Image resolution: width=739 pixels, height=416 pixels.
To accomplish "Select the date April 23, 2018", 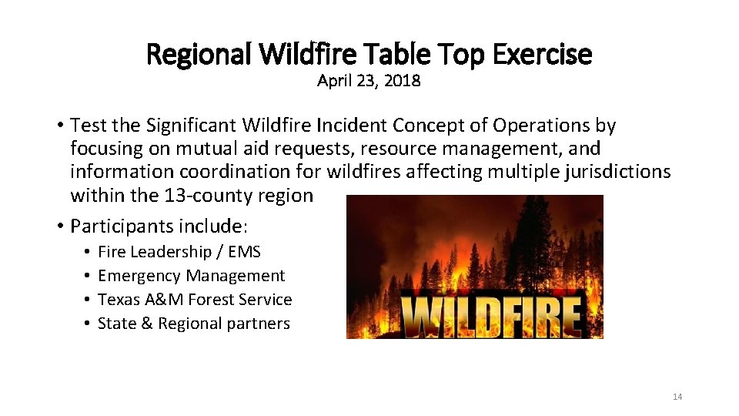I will point(369,81).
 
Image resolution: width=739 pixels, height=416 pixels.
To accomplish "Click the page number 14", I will point(677,397).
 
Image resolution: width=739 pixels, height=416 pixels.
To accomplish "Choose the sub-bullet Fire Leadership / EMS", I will point(179,252).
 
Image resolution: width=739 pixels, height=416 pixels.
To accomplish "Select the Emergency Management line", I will point(192,276).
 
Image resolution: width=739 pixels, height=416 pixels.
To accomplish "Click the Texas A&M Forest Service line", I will point(195,300).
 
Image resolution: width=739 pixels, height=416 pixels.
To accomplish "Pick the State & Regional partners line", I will point(194,324).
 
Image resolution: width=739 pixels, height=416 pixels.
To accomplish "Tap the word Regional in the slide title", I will point(199,55).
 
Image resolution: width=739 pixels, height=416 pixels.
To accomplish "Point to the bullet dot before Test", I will point(59,126).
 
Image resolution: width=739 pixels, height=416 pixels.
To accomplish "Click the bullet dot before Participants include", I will point(59,226).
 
